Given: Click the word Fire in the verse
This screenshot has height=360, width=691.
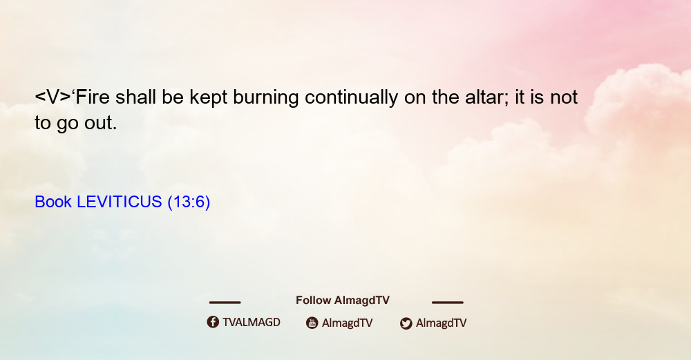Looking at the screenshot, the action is (93, 97).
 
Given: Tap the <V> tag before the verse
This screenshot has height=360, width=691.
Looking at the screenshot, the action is (53, 97).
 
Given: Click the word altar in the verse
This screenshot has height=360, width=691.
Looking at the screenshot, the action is (486, 97).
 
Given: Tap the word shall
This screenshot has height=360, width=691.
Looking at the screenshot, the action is (135, 97).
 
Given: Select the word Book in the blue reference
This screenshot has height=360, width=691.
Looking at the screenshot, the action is (53, 202).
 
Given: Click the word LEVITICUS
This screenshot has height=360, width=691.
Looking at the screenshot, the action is (120, 202).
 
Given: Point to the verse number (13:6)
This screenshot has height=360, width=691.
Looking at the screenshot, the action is (189, 202).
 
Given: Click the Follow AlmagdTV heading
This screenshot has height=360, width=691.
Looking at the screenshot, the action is (343, 301).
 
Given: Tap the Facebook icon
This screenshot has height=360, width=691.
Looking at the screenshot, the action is (213, 322).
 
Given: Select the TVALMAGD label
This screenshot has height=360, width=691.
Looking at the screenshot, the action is (252, 322).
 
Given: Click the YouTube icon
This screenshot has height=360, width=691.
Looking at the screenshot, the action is (312, 323).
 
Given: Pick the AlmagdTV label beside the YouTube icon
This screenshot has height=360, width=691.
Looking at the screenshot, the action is (348, 323).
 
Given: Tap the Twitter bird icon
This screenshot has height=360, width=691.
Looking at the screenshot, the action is (406, 323).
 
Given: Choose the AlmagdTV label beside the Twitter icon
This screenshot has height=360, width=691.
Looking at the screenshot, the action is (441, 323).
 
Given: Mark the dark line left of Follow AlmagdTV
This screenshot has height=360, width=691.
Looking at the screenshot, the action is (225, 302).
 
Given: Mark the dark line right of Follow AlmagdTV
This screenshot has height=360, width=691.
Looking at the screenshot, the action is (448, 302).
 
